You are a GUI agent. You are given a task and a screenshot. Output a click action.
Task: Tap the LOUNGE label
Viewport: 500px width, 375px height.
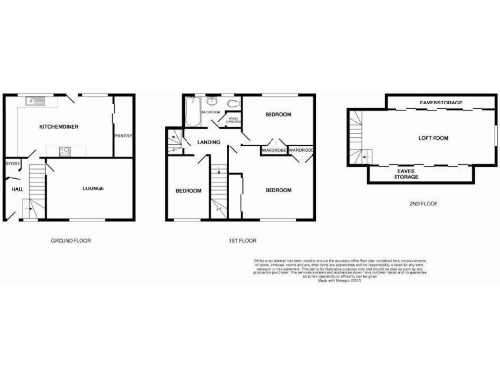(93, 188)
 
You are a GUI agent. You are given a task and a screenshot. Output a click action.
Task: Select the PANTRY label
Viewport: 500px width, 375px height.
(124, 135)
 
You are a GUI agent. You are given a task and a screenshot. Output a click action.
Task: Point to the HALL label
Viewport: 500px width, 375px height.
(18, 189)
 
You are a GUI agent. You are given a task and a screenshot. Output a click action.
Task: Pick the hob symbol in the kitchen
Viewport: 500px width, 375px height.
(63, 151)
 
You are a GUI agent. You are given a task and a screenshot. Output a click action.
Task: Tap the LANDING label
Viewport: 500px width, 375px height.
(208, 143)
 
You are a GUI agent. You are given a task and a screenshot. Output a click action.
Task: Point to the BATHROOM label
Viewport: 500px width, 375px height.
(210, 114)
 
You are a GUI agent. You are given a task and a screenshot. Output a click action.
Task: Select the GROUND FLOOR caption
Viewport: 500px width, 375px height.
(70, 239)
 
